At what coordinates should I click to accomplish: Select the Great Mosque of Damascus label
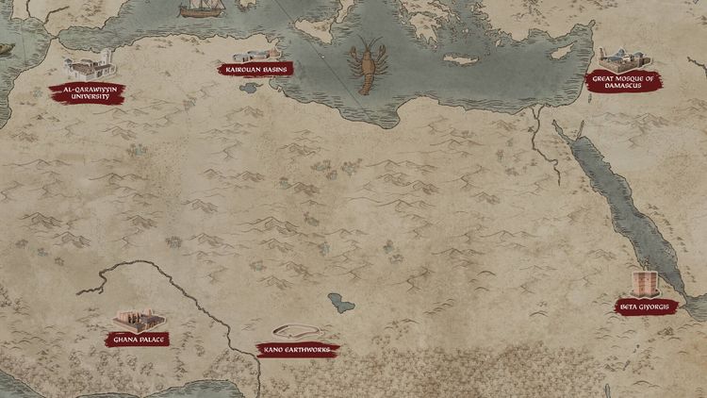pos(623,82)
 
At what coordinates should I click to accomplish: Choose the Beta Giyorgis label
pos(643,307)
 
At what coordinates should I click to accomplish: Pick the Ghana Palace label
pos(139,339)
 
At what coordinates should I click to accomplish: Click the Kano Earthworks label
pos(297,349)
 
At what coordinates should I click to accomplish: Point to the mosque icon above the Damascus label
pos(617,57)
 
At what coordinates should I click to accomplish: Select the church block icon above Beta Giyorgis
pos(646,283)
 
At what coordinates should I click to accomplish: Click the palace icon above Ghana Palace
pos(135,319)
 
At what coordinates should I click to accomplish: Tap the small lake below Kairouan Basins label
pos(250,88)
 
